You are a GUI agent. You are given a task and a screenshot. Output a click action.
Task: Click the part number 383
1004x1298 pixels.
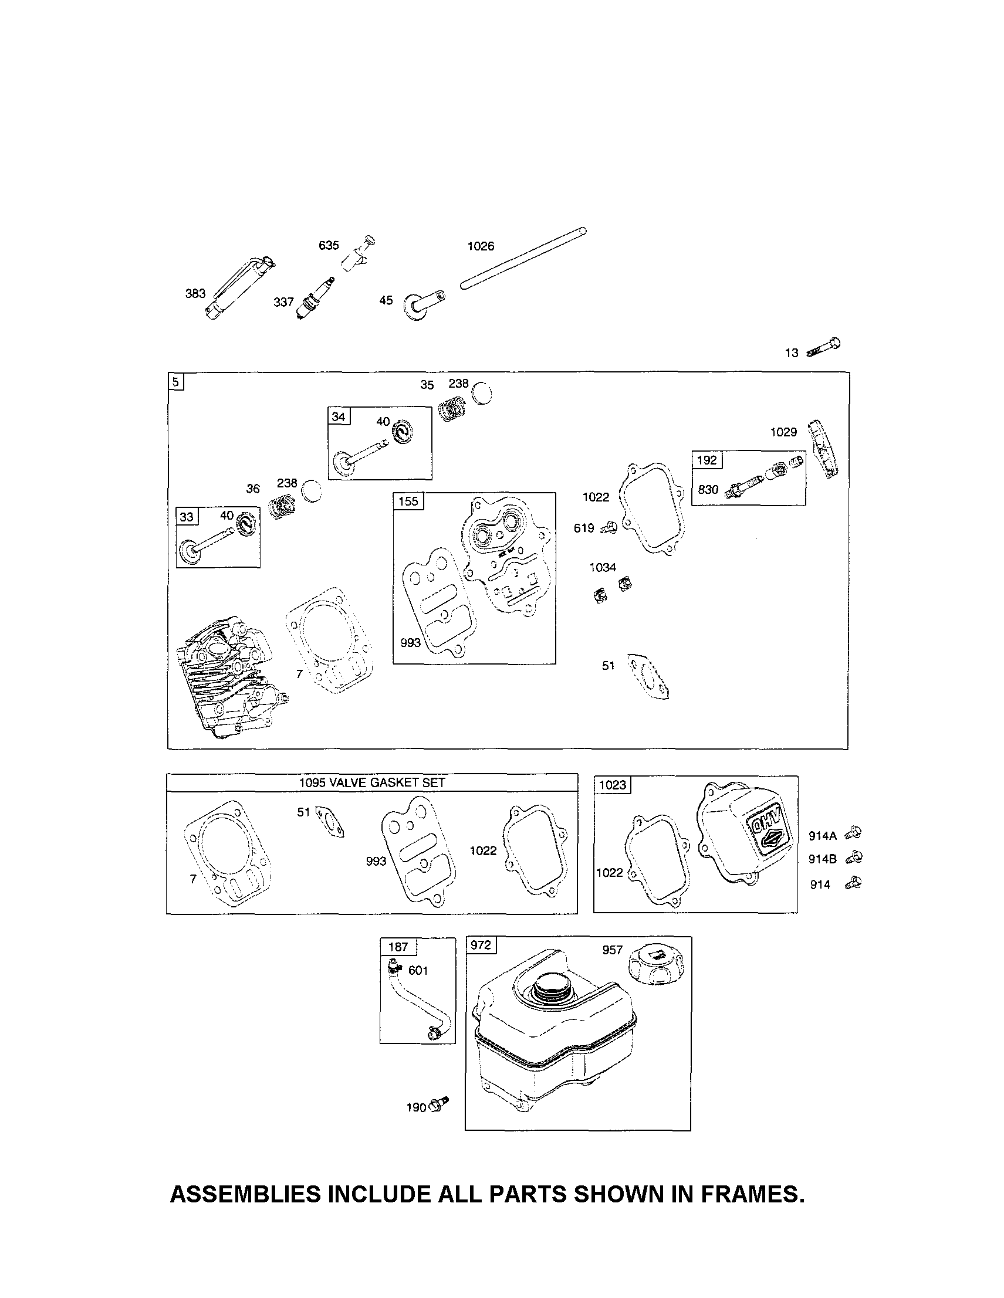point(195,294)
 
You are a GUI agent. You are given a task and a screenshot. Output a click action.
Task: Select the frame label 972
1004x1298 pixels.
point(481,945)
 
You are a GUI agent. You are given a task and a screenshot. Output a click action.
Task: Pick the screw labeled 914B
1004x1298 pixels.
point(854,858)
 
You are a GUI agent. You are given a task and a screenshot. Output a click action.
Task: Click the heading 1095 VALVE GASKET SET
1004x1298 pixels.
point(371,782)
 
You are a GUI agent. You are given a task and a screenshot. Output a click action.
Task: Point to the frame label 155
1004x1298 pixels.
point(408,501)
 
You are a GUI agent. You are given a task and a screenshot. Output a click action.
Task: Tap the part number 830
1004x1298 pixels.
point(708,490)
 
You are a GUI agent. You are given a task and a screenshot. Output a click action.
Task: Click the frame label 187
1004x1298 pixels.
point(398,947)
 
